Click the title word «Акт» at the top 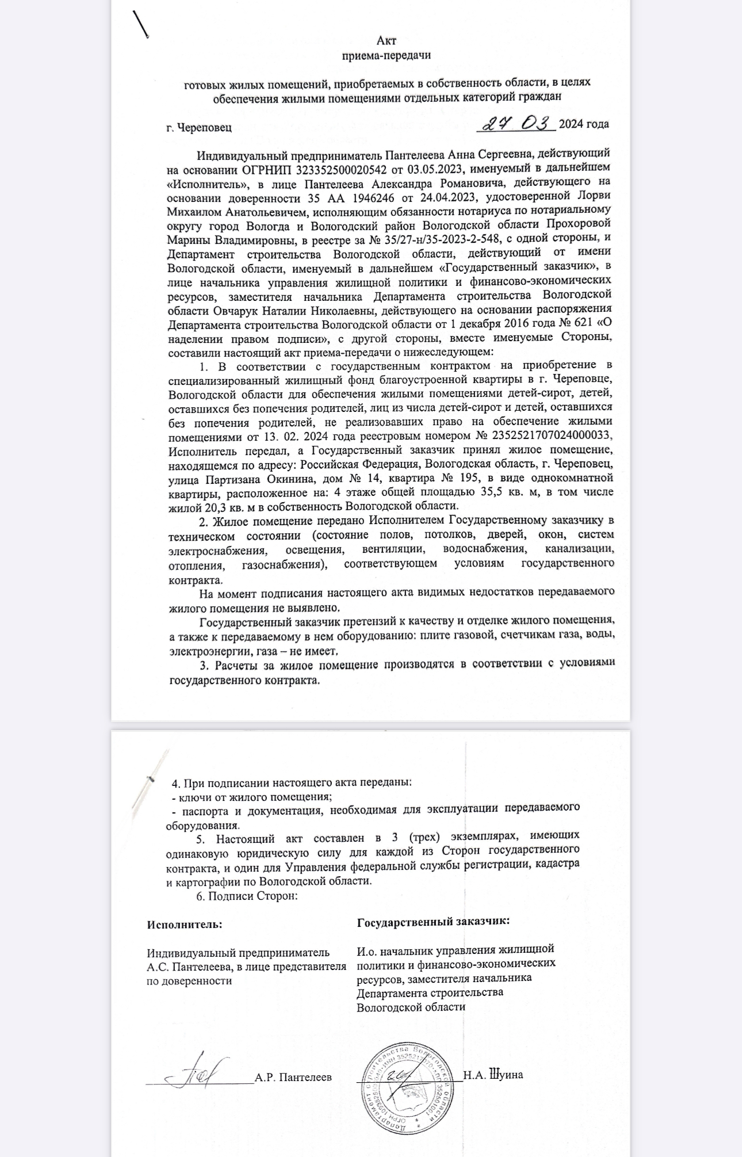[x=386, y=41]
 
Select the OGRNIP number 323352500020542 [x=340, y=170]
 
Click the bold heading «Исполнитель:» [x=184, y=925]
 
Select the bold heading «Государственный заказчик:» [x=433, y=921]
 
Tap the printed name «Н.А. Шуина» [x=492, y=1075]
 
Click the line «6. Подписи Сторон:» [x=246, y=896]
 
